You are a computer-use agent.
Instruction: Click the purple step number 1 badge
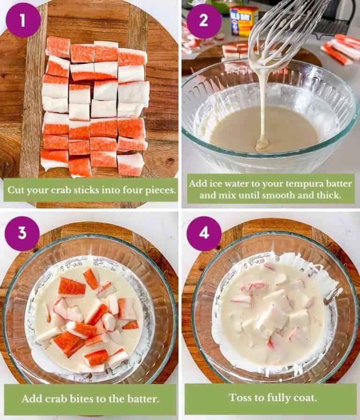tap(23, 20)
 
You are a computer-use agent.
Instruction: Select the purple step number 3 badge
tap(22, 233)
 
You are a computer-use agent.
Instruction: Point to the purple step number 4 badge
tap(204, 233)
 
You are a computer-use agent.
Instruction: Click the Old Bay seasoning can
tap(244, 21)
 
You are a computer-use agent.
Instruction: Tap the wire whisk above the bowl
tap(286, 28)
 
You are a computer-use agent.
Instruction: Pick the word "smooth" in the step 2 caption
tap(278, 195)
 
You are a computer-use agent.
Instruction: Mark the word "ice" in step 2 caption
tap(218, 183)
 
